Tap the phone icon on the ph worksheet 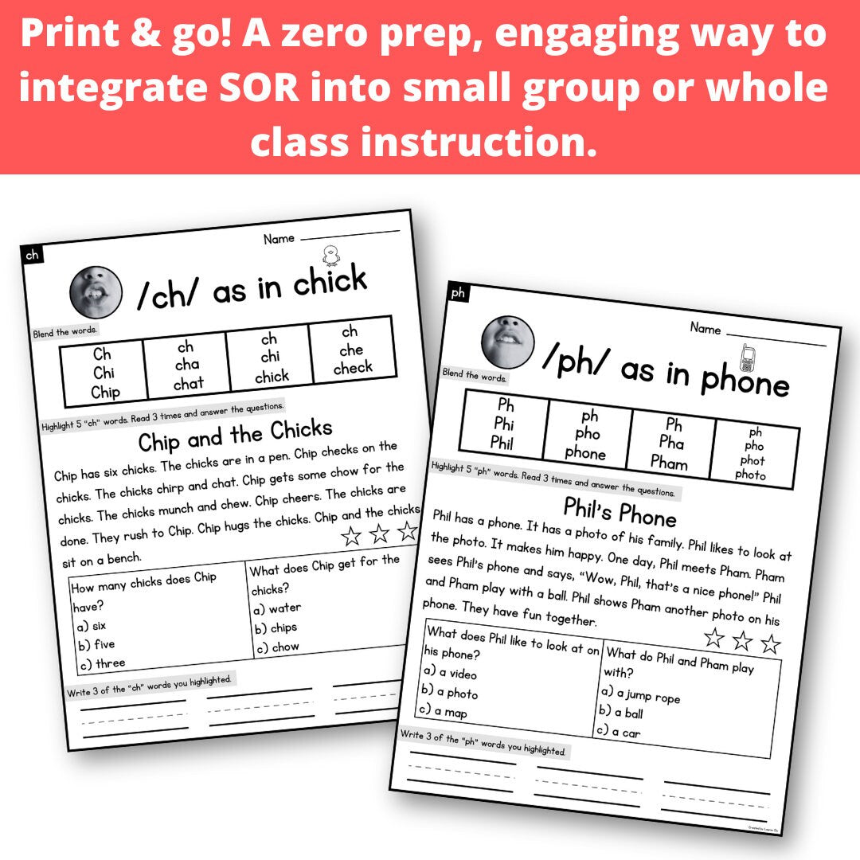click(747, 358)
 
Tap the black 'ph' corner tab click(458, 293)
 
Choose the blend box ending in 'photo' click(752, 454)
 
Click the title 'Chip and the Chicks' click(235, 435)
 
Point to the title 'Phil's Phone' click(620, 511)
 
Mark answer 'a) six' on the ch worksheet click(89, 626)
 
